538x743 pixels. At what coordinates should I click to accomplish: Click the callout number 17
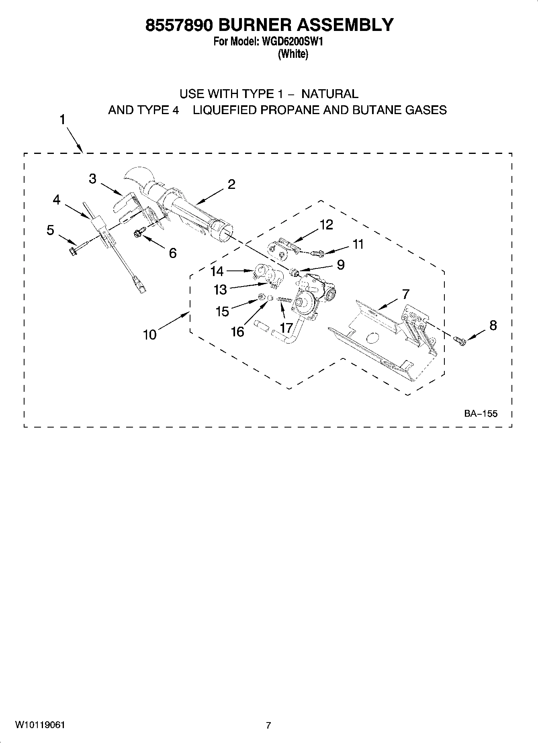[x=286, y=327]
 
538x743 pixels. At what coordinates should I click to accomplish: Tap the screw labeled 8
[x=460, y=341]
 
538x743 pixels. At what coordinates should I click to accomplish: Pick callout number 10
[x=150, y=334]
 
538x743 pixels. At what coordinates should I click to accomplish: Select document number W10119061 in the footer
[x=40, y=725]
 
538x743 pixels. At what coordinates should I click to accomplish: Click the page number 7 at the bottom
[x=268, y=725]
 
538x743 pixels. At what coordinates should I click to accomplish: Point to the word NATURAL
[x=329, y=94]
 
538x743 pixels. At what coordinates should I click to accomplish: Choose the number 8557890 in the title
[x=176, y=25]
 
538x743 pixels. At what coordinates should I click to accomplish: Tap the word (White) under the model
[x=293, y=54]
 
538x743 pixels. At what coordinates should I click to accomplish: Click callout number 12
[x=326, y=225]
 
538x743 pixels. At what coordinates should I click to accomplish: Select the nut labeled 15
[x=260, y=297]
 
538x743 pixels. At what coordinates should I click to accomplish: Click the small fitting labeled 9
[x=295, y=273]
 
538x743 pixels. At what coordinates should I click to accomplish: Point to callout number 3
[x=93, y=178]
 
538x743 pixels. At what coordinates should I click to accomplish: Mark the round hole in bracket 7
[x=373, y=338]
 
